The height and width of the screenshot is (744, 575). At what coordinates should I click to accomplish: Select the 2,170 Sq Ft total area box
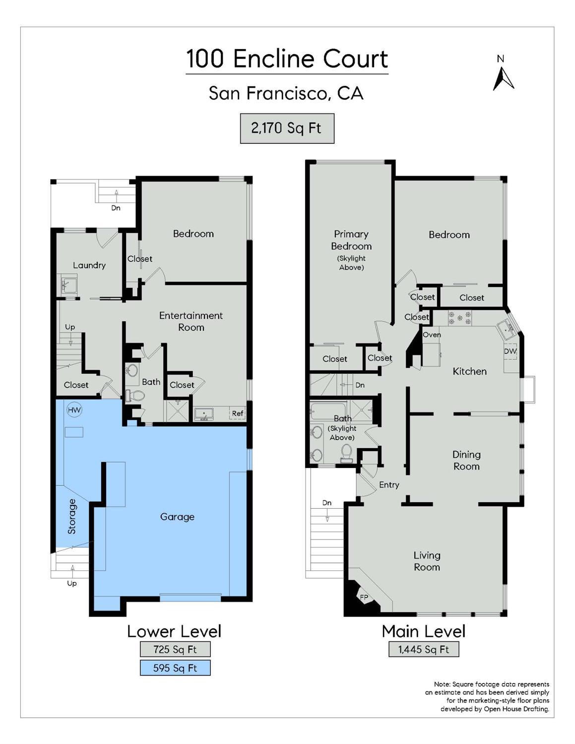click(x=287, y=129)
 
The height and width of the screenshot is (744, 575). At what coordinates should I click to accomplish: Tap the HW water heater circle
click(x=74, y=410)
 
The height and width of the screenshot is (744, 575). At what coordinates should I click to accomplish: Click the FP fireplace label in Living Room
click(x=364, y=597)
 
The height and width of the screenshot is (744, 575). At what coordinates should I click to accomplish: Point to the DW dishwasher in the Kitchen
click(x=510, y=351)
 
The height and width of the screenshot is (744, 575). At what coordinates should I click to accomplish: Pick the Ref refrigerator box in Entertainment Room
click(x=237, y=413)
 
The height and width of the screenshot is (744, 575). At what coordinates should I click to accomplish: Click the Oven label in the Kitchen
click(x=432, y=335)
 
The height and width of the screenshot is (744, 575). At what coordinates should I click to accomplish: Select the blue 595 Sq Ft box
click(x=175, y=668)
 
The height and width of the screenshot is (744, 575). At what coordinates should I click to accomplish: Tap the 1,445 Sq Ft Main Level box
click(x=423, y=649)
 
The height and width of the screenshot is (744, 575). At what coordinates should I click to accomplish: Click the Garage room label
click(x=177, y=517)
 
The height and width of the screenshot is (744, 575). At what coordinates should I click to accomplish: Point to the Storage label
click(x=72, y=516)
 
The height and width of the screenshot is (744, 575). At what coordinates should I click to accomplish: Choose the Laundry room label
click(x=89, y=265)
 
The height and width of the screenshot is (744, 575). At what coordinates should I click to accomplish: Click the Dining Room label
click(x=466, y=460)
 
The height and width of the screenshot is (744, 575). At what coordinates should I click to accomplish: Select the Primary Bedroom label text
click(x=351, y=240)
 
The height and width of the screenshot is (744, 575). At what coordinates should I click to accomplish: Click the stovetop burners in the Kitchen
click(x=459, y=318)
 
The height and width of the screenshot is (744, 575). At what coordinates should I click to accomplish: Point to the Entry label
click(x=389, y=485)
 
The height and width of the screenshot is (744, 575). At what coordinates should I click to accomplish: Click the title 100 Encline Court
click(x=287, y=59)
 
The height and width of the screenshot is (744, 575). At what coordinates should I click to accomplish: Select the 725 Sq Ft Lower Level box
click(x=175, y=649)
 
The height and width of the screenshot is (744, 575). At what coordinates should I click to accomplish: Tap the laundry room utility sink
click(x=66, y=285)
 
